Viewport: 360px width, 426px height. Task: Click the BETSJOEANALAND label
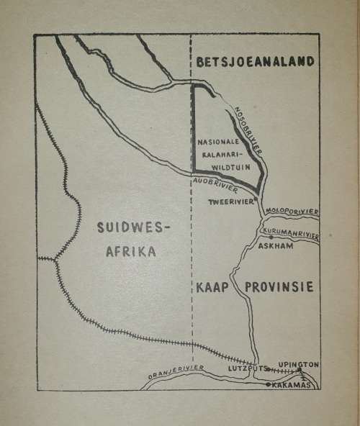[x=255, y=62]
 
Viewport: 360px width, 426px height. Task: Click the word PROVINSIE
[x=279, y=287]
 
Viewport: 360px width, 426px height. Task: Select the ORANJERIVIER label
[x=176, y=371]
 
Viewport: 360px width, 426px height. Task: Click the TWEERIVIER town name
[x=229, y=201]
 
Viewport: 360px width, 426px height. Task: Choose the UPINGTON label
[x=299, y=365]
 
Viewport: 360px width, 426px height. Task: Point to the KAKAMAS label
[x=292, y=385]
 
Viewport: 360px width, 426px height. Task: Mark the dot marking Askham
[x=271, y=237]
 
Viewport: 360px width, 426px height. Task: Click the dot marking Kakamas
[x=269, y=385]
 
